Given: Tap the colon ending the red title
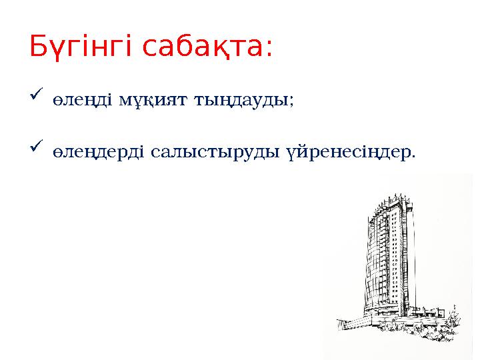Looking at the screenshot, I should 269,50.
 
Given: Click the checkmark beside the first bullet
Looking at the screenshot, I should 37,99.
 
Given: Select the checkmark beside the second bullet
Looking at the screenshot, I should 37,143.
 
